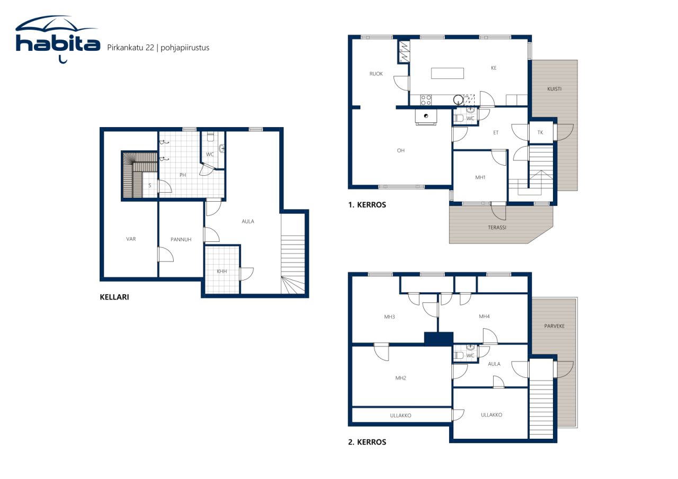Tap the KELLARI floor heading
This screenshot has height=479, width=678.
coord(114,297)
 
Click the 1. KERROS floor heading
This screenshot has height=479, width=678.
coord(367,205)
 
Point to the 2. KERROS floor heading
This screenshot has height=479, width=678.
coord(367,442)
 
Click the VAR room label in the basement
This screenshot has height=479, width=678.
coord(131,239)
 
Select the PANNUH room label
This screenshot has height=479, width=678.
coord(181,240)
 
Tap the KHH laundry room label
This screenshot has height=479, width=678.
coord(221,272)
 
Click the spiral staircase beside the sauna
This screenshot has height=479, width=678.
coord(132,175)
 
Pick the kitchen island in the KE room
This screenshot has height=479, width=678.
coord(447,73)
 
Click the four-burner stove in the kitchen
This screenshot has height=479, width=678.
coord(426,100)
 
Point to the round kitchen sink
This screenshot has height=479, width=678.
coord(458,99)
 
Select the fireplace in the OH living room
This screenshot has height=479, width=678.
coord(426,116)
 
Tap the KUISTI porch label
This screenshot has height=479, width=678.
coord(554,89)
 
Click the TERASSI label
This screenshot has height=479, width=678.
coord(497,228)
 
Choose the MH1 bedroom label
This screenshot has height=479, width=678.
coord(480,178)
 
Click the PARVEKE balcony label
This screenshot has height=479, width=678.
coord(554,326)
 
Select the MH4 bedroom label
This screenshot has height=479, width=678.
coord(484,317)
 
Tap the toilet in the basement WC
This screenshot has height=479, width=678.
coord(210,137)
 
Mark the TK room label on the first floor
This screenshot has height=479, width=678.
coord(540,132)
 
